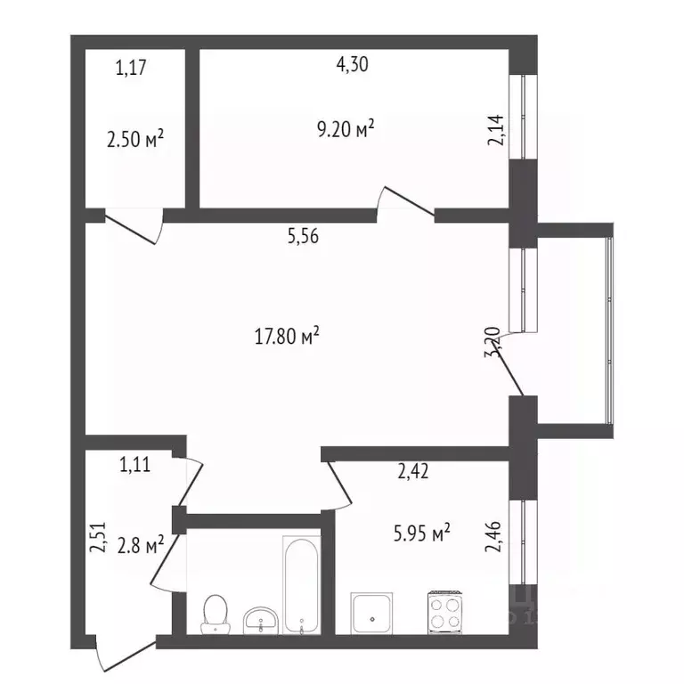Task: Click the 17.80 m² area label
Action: [287, 338]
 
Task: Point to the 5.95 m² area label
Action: [422, 533]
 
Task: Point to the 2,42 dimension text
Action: [413, 472]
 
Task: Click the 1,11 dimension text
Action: [135, 463]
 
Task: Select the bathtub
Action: [300, 586]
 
